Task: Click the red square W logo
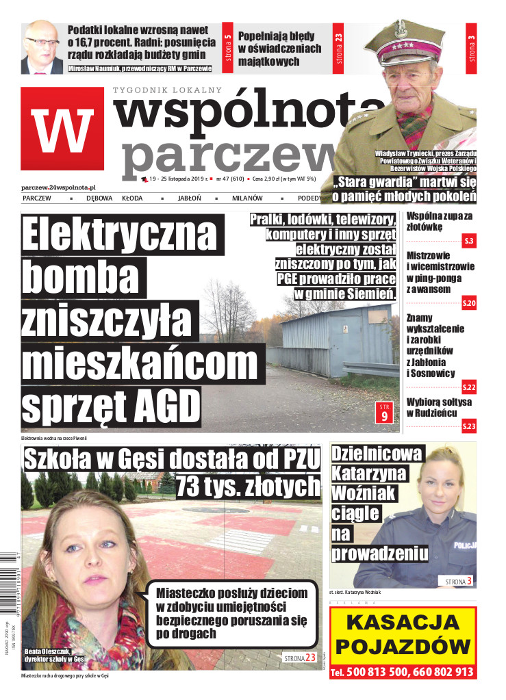[x=62, y=131]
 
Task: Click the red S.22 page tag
[x=469, y=387]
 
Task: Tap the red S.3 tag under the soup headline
[x=469, y=241]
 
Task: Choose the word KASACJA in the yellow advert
[x=403, y=623]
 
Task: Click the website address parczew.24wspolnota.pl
[x=58, y=186]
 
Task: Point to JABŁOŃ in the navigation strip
[x=189, y=198]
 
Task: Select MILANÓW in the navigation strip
[x=246, y=198]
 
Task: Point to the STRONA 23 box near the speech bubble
[x=301, y=658]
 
